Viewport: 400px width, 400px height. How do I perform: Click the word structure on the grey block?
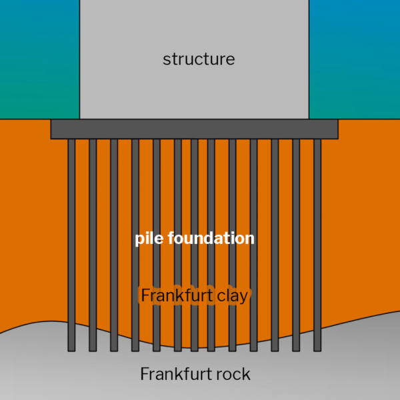coord(199,59)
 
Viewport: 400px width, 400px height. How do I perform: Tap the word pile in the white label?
coord(149,238)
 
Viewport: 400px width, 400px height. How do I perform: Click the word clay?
coord(232,295)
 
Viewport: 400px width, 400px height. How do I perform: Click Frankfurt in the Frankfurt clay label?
coord(175,295)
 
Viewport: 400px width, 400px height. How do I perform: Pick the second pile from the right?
coord(296,200)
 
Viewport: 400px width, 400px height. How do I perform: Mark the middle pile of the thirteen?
coord(194,200)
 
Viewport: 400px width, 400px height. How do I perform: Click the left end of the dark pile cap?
coord(53,129)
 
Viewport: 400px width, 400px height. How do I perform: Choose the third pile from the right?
coord(275,200)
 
